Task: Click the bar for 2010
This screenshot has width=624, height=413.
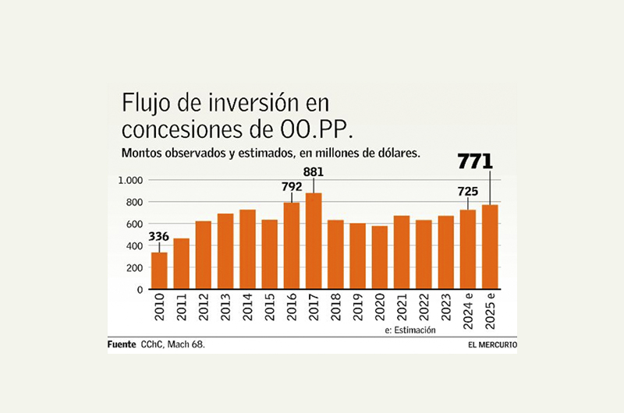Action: pyautogui.click(x=159, y=270)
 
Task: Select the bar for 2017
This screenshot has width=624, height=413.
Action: pyautogui.click(x=314, y=241)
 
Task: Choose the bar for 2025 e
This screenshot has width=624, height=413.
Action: pyautogui.click(x=490, y=246)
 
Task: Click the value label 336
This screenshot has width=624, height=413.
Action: pyautogui.click(x=159, y=238)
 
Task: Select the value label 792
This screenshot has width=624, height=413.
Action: pyautogui.click(x=291, y=187)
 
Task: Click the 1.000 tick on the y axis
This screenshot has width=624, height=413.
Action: pyautogui.click(x=130, y=180)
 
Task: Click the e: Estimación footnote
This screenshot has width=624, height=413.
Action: pyautogui.click(x=410, y=330)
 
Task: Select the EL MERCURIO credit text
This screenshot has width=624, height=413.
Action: pyautogui.click(x=493, y=344)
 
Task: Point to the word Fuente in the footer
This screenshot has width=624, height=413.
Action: pyautogui.click(x=122, y=344)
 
